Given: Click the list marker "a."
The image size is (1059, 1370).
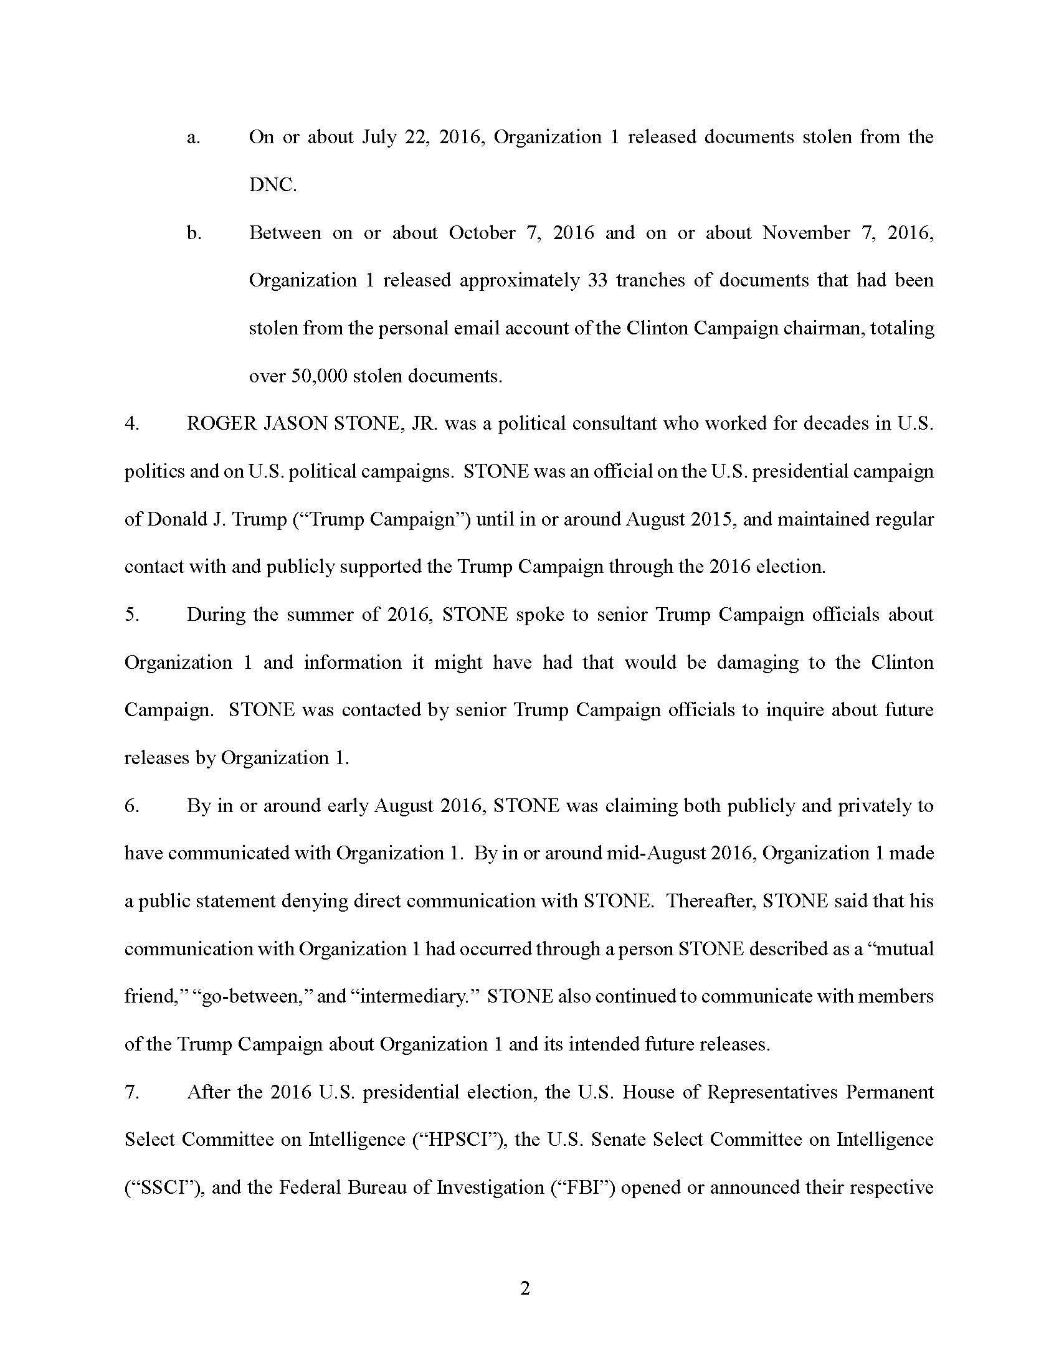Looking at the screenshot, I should tap(193, 138).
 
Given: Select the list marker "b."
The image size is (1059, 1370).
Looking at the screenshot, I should tap(194, 234).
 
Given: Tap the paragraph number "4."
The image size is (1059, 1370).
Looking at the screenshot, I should tap(131, 424).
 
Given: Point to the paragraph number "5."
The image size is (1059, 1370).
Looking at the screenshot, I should tap(131, 615).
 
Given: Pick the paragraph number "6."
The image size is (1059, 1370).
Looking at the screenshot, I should tap(131, 806).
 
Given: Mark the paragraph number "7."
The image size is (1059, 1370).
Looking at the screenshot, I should tap(131, 1092).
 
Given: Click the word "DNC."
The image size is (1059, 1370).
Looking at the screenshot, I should tap(273, 186).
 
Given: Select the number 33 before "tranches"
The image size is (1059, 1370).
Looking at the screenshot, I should tap(597, 280).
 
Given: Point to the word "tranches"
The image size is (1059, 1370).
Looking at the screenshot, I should tap(650, 280).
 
